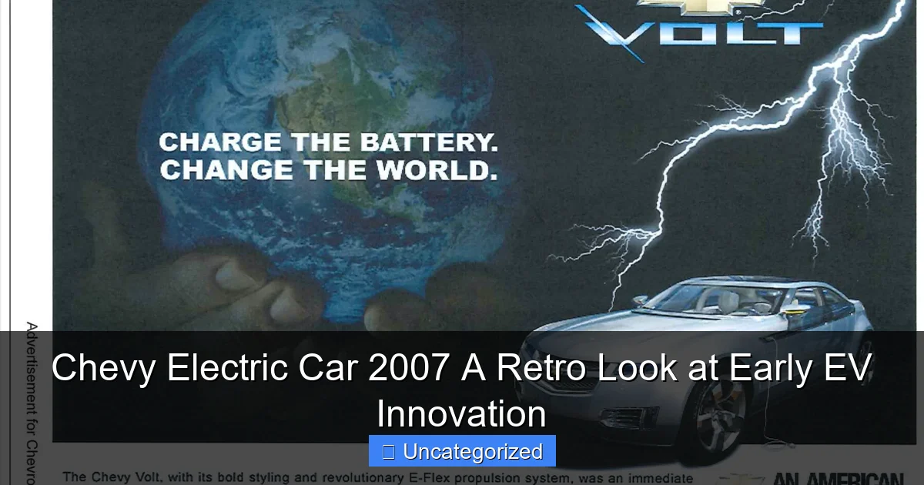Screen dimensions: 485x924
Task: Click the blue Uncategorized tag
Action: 462,452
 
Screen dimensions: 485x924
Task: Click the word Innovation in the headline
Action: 462,413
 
